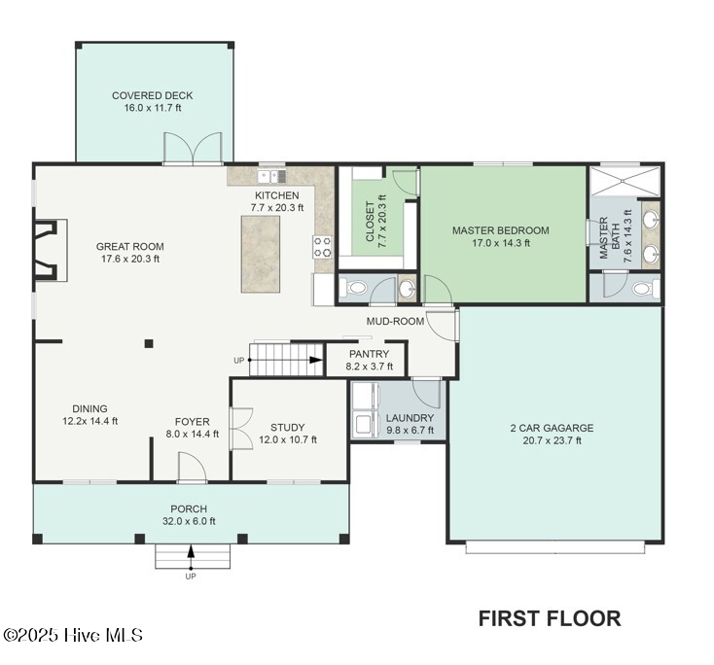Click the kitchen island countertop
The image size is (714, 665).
tap(261, 254)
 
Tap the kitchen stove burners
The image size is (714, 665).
tap(322, 247)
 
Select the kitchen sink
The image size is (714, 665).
tap(271, 176)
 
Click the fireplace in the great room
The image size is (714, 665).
tap(50, 250)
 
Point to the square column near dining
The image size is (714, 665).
tap(149, 343)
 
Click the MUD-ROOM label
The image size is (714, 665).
tap(395, 322)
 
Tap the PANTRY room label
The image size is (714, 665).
tap(369, 354)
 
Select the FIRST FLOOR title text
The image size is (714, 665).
tap(550, 618)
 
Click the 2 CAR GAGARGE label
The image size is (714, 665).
tap(552, 428)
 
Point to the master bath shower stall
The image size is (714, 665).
tap(625, 182)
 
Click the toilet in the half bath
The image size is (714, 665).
tap(356, 288)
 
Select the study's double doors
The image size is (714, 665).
tap(241, 429)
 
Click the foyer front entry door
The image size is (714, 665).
tap(192, 467)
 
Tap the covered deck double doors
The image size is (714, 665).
tap(193, 148)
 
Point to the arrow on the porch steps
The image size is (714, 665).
tap(192, 557)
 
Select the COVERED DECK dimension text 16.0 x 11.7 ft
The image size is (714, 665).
tap(153, 108)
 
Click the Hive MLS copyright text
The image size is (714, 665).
tap(73, 635)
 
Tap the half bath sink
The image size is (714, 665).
tap(407, 288)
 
